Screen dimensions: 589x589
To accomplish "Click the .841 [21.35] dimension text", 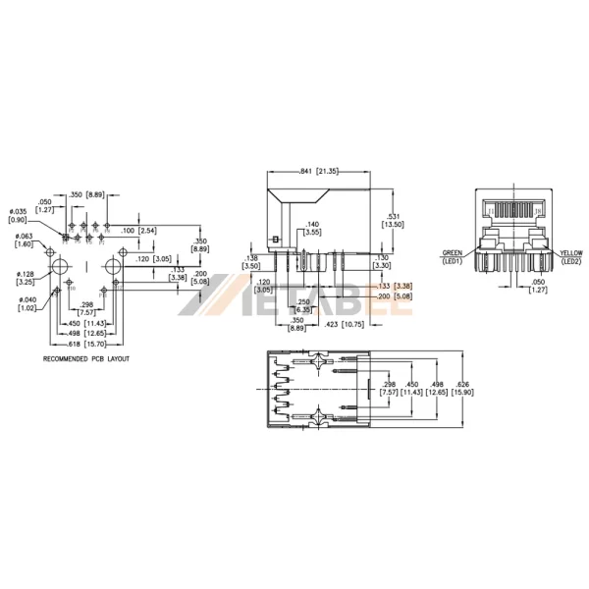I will [318, 171].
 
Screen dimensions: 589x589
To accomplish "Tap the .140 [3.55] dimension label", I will [313, 229].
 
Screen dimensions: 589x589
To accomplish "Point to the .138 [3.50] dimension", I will [251, 261].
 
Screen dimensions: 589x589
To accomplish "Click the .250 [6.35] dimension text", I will [305, 305].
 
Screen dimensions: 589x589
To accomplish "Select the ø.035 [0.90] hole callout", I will [18, 216].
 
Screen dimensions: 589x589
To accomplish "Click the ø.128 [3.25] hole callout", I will [26, 278].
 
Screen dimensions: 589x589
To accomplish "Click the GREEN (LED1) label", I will [453, 256].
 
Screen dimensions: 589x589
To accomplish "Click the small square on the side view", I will [278, 239].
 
